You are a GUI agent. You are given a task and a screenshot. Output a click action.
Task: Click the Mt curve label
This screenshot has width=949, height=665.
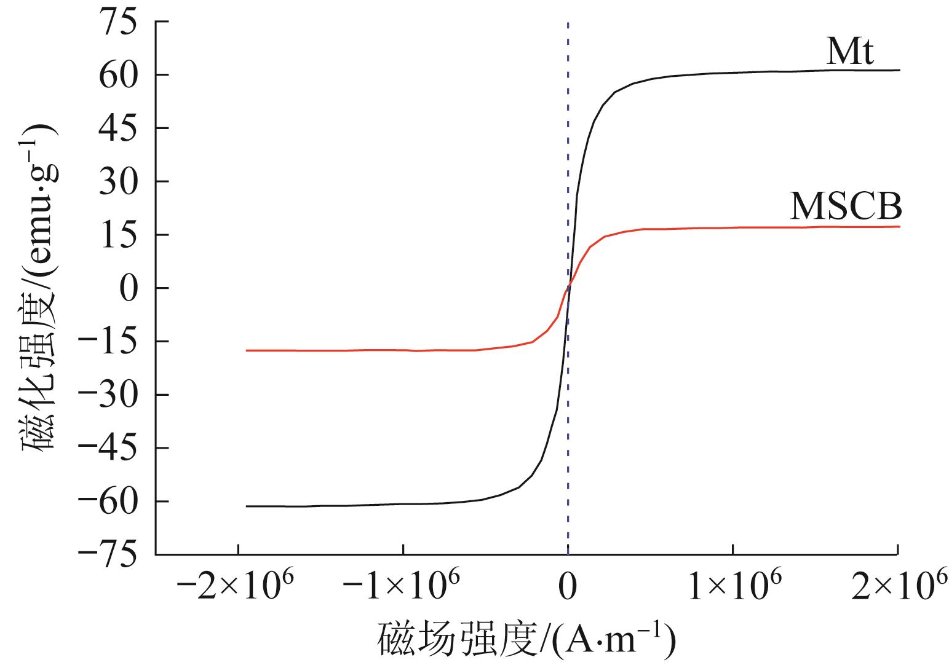849,53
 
